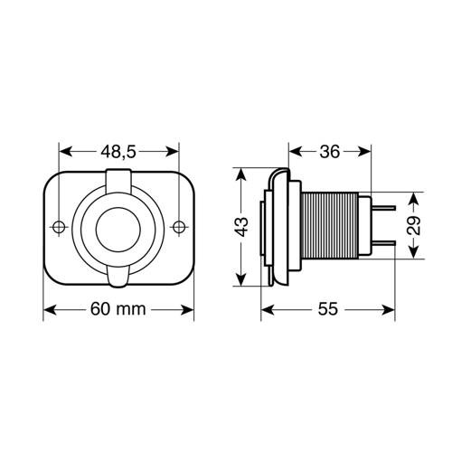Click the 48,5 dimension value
pyautogui.click(x=118, y=151)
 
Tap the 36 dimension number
pyautogui.click(x=331, y=151)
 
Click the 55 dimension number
pyautogui.click(x=329, y=309)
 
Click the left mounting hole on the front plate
pyautogui.click(x=60, y=226)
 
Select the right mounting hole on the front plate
pyautogui.click(x=178, y=226)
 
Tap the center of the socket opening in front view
pyautogui.click(x=118, y=226)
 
